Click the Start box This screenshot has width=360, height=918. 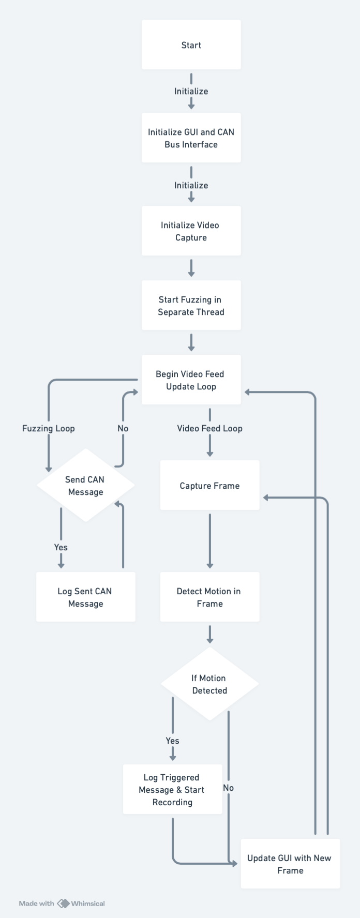pyautogui.click(x=191, y=45)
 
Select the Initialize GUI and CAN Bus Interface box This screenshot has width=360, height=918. pyautogui.click(x=191, y=138)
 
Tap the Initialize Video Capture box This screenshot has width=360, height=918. pyautogui.click(x=191, y=231)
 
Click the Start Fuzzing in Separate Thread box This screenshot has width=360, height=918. pyautogui.click(x=191, y=306)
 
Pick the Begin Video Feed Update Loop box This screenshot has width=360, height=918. pyautogui.click(x=191, y=380)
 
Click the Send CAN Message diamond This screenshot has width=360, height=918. pyautogui.click(x=85, y=486)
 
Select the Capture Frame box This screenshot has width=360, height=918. pyautogui.click(x=209, y=486)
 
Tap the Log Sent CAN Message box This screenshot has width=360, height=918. pyautogui.click(x=85, y=597)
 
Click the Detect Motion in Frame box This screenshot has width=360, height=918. pyautogui.click(x=209, y=597)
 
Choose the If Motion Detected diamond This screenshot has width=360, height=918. pyautogui.click(x=209, y=684)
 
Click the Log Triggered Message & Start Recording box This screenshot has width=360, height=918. pyautogui.click(x=172, y=790)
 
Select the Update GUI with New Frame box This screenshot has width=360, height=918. pyautogui.click(x=290, y=864)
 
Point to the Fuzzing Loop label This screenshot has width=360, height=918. pyautogui.click(x=49, y=428)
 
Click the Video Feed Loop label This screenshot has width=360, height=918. pyautogui.click(x=209, y=428)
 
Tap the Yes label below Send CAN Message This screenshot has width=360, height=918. pyautogui.click(x=61, y=547)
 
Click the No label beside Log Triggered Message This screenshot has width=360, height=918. pyautogui.click(x=228, y=788)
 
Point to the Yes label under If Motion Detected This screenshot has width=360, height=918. pyautogui.click(x=172, y=741)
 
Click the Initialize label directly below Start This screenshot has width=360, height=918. pyautogui.click(x=191, y=91)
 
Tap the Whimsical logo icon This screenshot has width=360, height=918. pyautogui.click(x=63, y=904)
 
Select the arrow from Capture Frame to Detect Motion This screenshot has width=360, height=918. pyautogui.click(x=209, y=540)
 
